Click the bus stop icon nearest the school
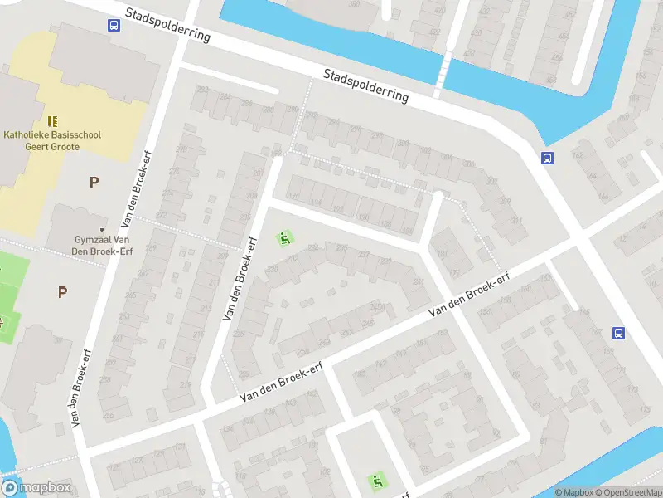coord(114,25)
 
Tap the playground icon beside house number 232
coord(284,239)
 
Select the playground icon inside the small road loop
coord(377,480)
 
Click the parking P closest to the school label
coord(94,182)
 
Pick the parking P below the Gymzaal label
coord(62,291)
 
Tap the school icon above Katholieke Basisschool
coord(52,121)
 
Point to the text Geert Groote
coord(54,146)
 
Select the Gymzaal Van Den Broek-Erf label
coord(102,246)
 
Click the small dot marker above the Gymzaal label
coord(102,229)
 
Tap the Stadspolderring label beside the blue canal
coord(365,85)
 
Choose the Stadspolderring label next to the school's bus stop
coord(168,26)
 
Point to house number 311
coord(516,221)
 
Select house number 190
coord(362,217)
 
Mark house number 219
coord(185,384)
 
